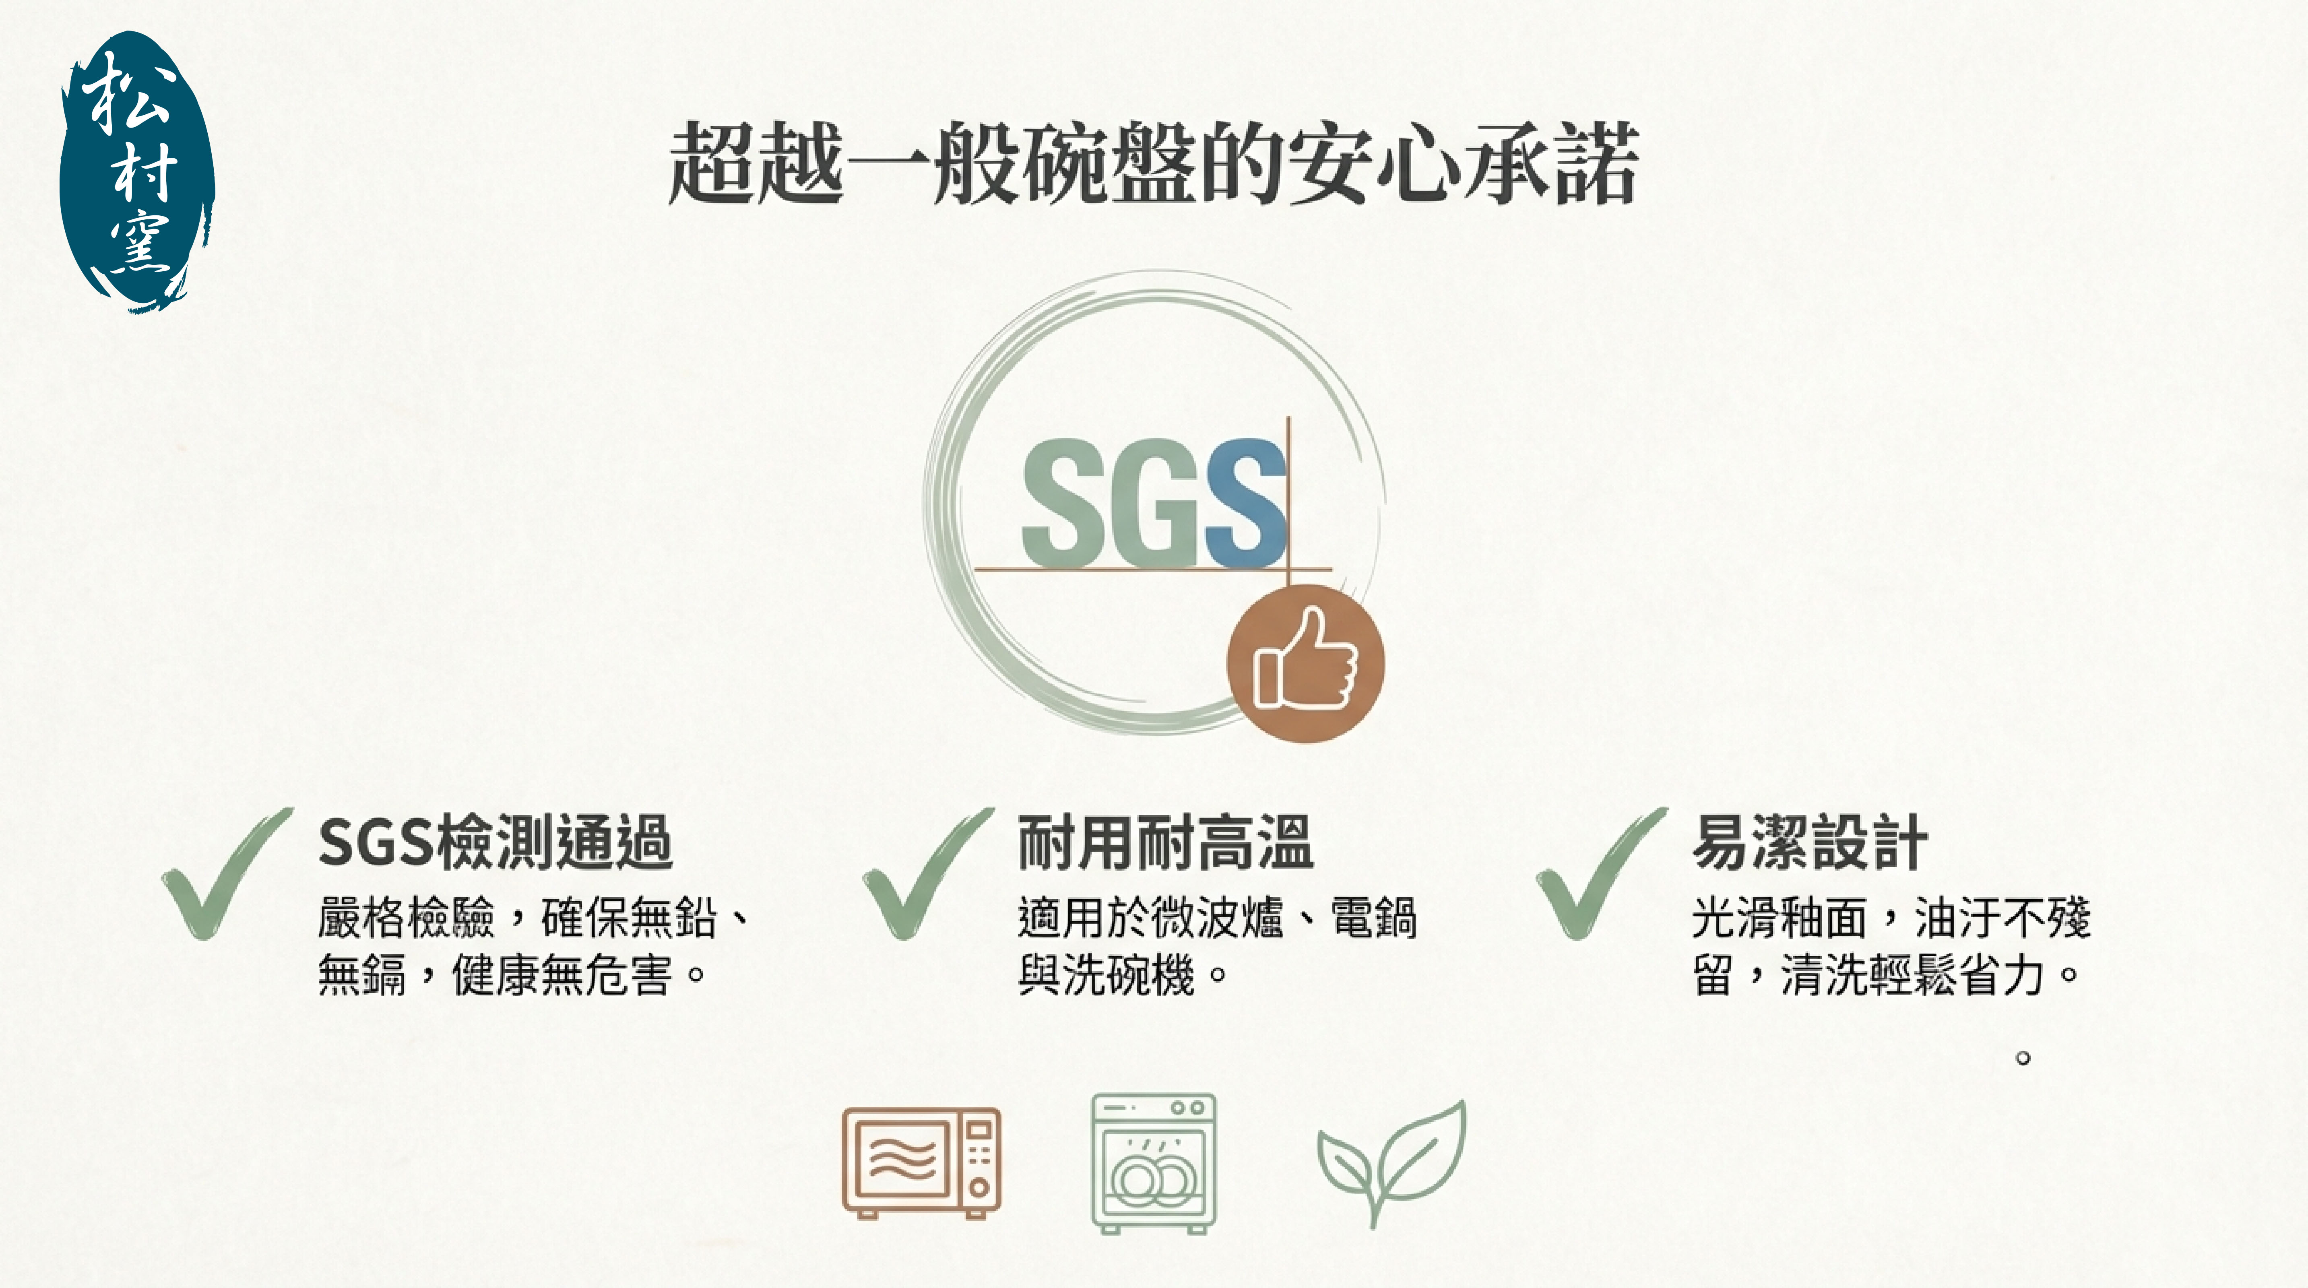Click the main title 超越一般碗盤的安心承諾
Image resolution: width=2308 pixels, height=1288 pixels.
click(x=1154, y=164)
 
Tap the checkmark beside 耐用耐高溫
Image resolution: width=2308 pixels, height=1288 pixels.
click(x=927, y=873)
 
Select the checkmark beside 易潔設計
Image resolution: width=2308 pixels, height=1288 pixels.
click(x=1601, y=873)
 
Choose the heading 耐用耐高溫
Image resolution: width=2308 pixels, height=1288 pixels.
click(x=1166, y=842)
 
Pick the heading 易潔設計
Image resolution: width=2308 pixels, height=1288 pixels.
click(x=1810, y=842)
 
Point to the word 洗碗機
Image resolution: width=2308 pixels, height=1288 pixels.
click(x=1129, y=974)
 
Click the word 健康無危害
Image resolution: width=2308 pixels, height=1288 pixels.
click(x=562, y=974)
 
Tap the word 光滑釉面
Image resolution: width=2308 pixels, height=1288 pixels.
click(x=1780, y=918)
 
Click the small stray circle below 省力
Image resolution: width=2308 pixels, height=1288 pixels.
click(x=2022, y=1058)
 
